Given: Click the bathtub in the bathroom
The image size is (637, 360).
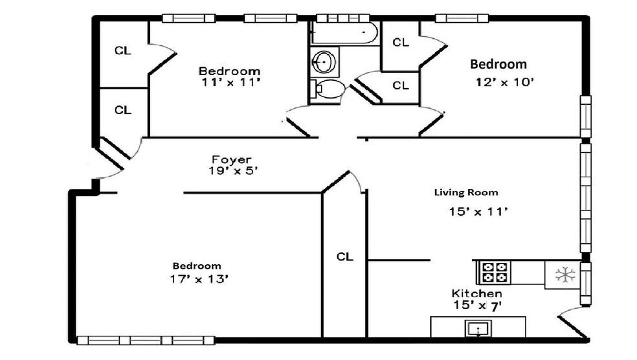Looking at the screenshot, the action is pyautogui.click(x=344, y=32).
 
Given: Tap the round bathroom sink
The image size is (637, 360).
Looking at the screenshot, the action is pyautogui.click(x=324, y=62).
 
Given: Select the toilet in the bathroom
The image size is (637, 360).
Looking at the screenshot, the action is pyautogui.click(x=328, y=89).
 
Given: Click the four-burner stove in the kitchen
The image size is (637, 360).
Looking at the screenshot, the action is pyautogui.click(x=494, y=272).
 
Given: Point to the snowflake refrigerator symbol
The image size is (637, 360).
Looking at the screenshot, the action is pyautogui.click(x=565, y=275).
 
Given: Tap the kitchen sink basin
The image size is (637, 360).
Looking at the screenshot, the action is pyautogui.click(x=478, y=328).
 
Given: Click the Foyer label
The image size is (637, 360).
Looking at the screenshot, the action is pyautogui.click(x=232, y=160).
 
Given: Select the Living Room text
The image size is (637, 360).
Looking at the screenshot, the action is pyautogui.click(x=466, y=192).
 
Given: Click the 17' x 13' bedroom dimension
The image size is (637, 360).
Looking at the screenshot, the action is pyautogui.click(x=199, y=279).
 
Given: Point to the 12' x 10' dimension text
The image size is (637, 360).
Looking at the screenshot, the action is pyautogui.click(x=504, y=82).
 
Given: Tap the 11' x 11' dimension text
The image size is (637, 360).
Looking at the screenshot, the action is pyautogui.click(x=230, y=82).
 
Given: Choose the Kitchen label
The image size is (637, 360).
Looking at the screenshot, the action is pyautogui.click(x=476, y=293).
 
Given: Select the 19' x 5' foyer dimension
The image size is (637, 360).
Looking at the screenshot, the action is pyautogui.click(x=233, y=171).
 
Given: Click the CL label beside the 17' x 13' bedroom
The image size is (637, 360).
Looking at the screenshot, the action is pyautogui.click(x=344, y=257).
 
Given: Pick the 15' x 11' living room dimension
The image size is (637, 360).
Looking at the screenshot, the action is pyautogui.click(x=478, y=211).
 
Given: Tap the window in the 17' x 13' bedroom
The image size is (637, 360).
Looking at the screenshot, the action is pyautogui.click(x=146, y=340).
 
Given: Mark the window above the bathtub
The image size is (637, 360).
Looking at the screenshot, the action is pyautogui.click(x=343, y=18).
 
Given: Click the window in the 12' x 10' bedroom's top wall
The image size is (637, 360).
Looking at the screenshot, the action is pyautogui.click(x=462, y=18).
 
